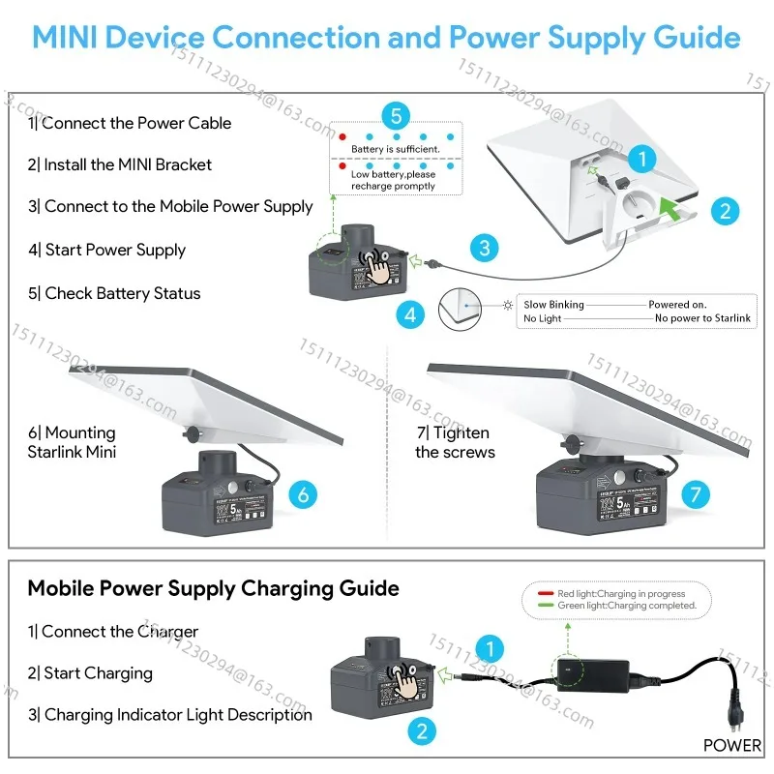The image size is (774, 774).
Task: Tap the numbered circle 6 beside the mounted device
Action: click(x=303, y=494)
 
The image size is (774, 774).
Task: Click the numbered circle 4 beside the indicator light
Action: click(x=410, y=314)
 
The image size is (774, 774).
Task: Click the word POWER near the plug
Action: click(x=732, y=746)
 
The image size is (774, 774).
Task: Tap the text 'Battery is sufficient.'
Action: click(x=395, y=149)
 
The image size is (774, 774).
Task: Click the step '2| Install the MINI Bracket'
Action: click(x=119, y=164)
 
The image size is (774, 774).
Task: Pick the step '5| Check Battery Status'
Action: click(x=113, y=293)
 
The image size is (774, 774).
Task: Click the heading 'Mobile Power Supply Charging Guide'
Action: click(x=213, y=588)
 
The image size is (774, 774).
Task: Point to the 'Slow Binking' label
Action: click(x=553, y=305)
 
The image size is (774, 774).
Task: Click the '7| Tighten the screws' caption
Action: click(x=455, y=442)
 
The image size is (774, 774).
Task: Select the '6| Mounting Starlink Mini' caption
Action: click(x=72, y=442)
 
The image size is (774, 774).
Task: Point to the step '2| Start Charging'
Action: click(x=90, y=673)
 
